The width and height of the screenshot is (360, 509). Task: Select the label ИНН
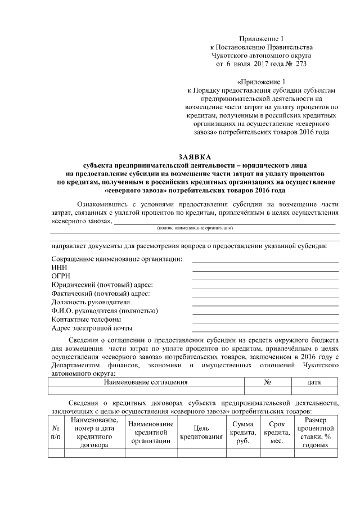[58, 267]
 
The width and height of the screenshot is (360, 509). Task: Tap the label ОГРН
[61, 276]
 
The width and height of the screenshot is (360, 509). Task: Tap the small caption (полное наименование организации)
[195, 228]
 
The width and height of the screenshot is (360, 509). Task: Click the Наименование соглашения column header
[146, 382]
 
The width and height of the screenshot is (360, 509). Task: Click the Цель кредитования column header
[201, 433]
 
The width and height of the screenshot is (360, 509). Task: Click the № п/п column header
[56, 433]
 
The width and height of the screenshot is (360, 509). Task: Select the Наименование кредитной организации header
[151, 433]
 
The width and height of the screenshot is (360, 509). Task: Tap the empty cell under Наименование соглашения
[146, 390]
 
